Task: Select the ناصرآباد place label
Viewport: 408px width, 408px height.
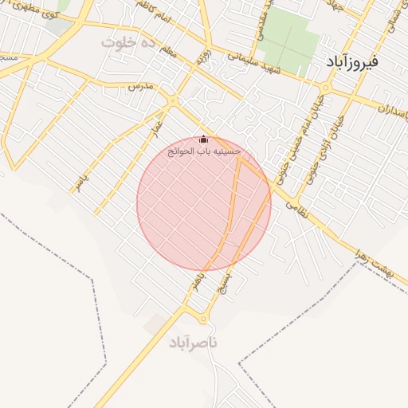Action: click(x=192, y=343)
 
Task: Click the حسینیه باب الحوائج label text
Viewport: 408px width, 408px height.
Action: click(x=203, y=151)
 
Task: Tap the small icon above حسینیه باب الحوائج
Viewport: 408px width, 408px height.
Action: click(x=203, y=139)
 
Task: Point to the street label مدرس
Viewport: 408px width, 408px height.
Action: click(x=140, y=84)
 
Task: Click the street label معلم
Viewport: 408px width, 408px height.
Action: click(x=167, y=53)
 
